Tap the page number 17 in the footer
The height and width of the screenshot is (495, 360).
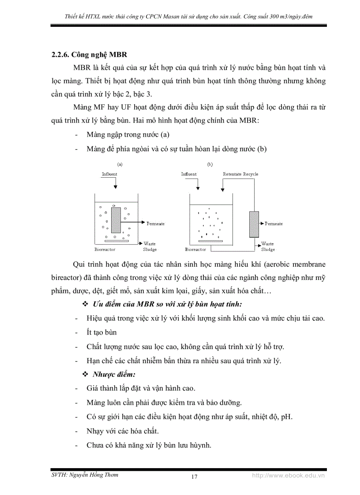pyautogui.click(x=194, y=476)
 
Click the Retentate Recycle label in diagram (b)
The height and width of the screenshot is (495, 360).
pyautogui.click(x=240, y=174)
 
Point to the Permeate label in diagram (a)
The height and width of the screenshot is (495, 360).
pyautogui.click(x=155, y=223)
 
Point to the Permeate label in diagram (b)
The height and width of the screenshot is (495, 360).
pyautogui.click(x=274, y=223)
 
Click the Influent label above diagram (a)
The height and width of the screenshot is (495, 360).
pyautogui.click(x=109, y=174)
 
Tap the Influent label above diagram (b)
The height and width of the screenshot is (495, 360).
pyautogui.click(x=189, y=174)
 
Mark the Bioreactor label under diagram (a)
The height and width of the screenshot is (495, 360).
pyautogui.click(x=105, y=249)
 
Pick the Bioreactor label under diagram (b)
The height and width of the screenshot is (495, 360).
pyautogui.click(x=195, y=249)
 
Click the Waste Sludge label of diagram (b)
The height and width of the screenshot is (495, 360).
pyautogui.click(x=267, y=246)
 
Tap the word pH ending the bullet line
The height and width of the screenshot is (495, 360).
pyautogui.click(x=286, y=417)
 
